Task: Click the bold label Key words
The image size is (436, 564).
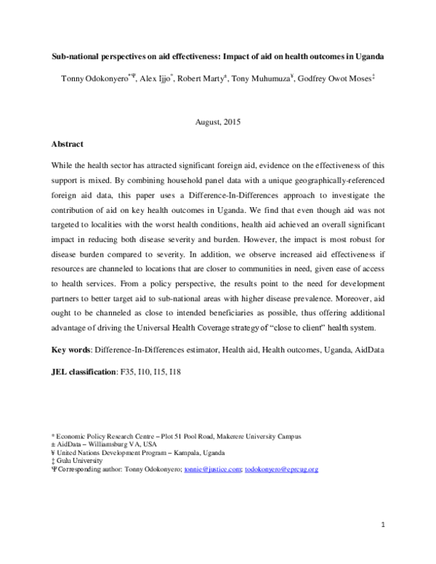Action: (x=70, y=350)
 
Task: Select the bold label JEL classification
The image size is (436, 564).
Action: (x=84, y=371)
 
